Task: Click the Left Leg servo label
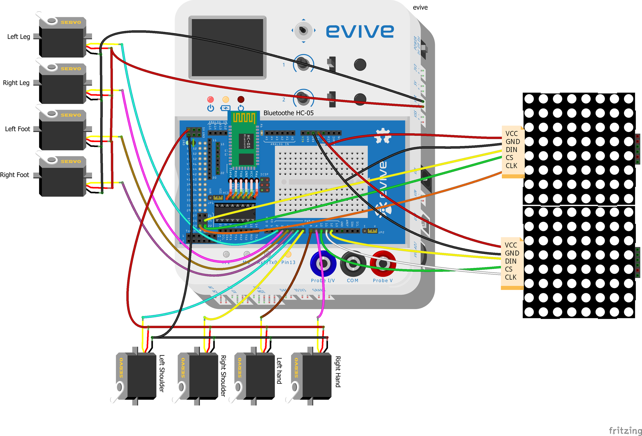18,36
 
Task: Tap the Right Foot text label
14,175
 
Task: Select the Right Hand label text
338,371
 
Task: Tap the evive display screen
227,48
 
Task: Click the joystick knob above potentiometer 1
303,31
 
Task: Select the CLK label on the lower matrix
510,277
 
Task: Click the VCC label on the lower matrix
510,245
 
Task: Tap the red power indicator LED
211,99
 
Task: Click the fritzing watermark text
625,430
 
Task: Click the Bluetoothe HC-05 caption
288,113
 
